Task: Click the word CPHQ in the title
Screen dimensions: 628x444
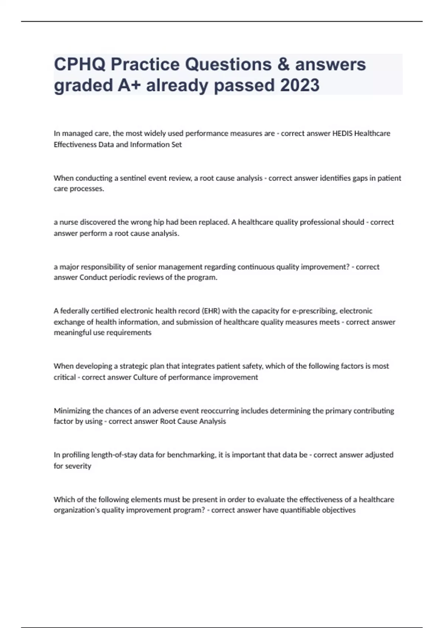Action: (x=80, y=64)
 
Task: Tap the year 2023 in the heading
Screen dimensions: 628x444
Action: (x=299, y=85)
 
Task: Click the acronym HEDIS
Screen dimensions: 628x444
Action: (x=342, y=133)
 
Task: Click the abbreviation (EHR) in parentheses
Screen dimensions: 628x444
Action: (x=211, y=311)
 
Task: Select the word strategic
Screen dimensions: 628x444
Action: (x=134, y=366)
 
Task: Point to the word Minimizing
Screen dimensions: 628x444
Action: (x=72, y=411)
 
